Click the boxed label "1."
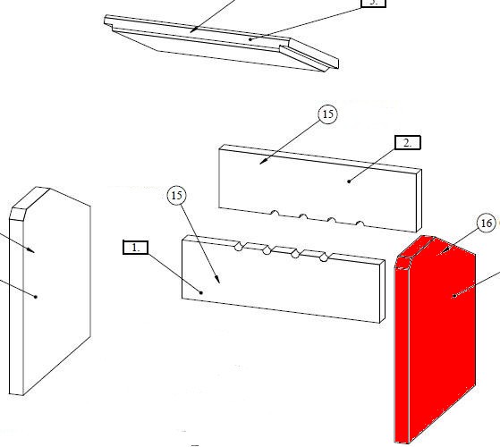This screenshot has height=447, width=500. point(136,248)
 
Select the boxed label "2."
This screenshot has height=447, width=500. point(408,142)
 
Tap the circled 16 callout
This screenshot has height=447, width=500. point(487,223)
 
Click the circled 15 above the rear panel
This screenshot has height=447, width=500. point(327,114)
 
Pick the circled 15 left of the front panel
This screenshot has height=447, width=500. point(177,195)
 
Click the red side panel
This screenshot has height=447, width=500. point(436,339)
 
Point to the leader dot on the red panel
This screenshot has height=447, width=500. point(454,296)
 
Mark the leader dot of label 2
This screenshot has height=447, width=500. point(349,181)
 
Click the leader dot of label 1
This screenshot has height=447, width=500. point(201,292)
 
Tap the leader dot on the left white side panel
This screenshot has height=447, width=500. point(36,297)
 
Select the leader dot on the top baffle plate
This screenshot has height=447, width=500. point(250,39)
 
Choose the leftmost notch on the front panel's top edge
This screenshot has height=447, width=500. point(239,246)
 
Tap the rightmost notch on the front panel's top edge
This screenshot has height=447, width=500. point(325,257)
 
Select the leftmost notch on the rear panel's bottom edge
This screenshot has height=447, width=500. point(275,213)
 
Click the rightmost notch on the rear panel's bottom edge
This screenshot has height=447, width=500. point(360,223)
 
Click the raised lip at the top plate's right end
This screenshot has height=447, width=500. point(309,56)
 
